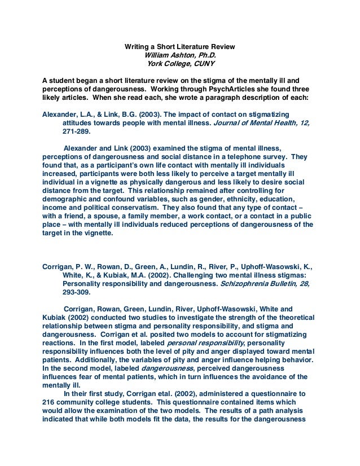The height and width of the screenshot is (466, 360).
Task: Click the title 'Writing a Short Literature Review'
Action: tap(179, 46)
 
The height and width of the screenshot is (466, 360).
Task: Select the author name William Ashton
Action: tap(172, 55)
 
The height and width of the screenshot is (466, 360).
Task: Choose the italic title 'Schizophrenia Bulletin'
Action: tap(249, 284)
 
